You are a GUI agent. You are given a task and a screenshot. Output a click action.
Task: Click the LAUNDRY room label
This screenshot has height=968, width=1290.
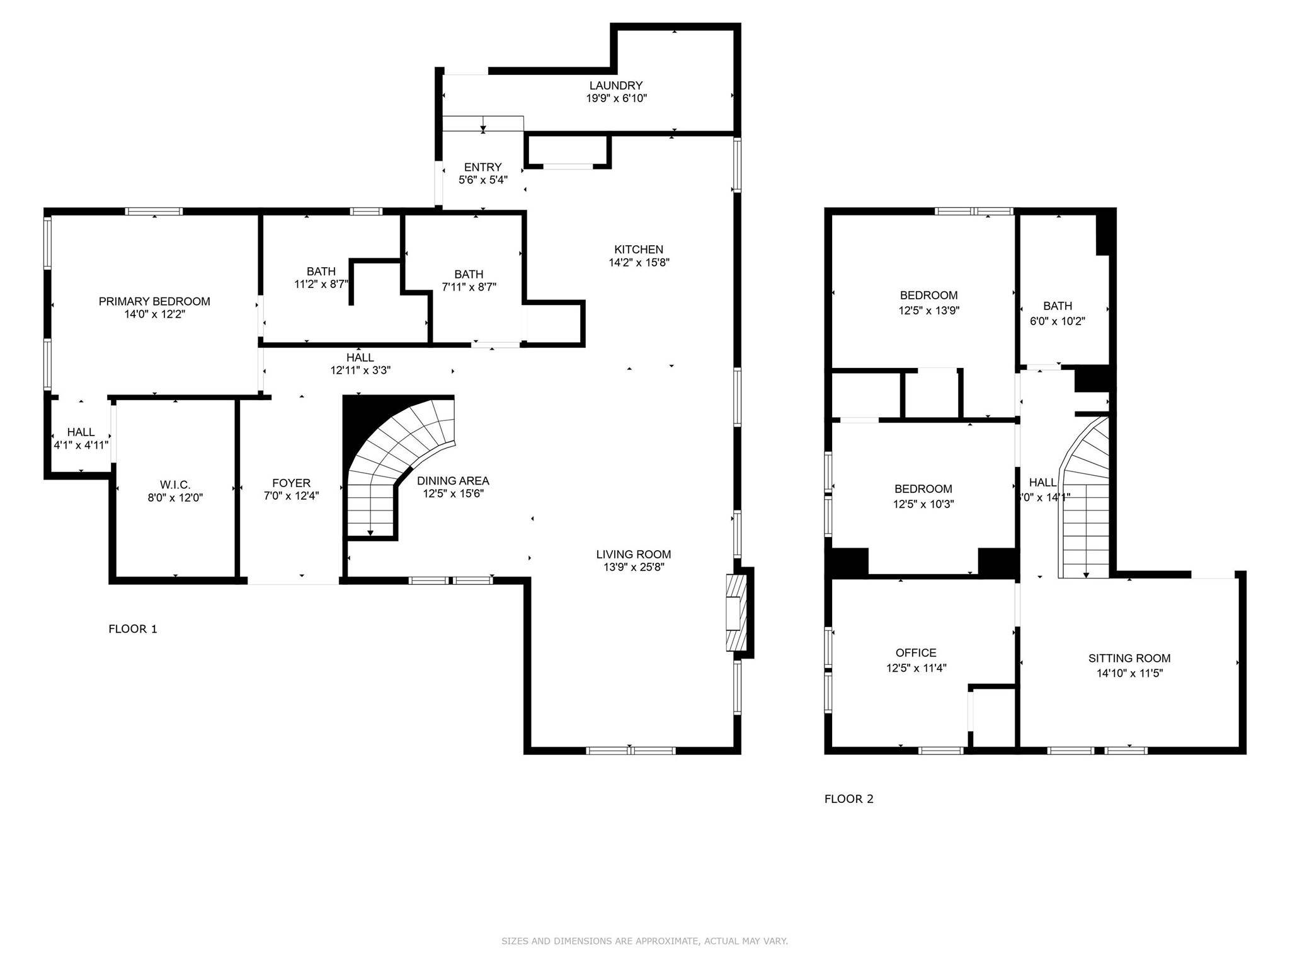point(615,86)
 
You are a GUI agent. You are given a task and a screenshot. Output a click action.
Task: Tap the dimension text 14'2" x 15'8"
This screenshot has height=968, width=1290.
point(639,263)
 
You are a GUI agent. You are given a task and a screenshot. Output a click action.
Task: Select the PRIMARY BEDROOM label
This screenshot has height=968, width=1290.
point(154,302)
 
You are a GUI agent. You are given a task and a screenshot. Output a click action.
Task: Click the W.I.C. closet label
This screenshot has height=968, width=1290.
point(175,485)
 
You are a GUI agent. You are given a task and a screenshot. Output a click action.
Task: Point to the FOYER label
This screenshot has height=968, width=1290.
point(291,483)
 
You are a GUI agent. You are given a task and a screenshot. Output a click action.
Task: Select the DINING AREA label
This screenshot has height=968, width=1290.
point(453,481)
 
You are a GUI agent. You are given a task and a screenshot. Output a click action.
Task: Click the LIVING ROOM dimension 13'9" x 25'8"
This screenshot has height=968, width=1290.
point(634,567)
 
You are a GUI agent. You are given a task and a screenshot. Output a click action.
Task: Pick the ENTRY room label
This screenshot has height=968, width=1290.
point(482,168)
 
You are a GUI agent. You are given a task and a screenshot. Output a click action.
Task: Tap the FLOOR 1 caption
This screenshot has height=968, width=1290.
point(133,629)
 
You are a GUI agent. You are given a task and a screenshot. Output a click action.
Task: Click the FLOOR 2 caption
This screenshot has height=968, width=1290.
point(848,799)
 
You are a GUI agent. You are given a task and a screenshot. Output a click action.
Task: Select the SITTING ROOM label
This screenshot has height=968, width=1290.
point(1129,659)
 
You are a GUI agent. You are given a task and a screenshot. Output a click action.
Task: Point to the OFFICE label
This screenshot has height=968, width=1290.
point(916,653)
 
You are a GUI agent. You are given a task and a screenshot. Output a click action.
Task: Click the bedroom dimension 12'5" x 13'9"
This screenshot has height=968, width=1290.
point(928,311)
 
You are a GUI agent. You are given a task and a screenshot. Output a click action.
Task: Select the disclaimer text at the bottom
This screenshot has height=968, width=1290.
point(644,942)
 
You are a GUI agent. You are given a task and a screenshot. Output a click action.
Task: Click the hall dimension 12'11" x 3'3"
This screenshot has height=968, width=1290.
point(360,371)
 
